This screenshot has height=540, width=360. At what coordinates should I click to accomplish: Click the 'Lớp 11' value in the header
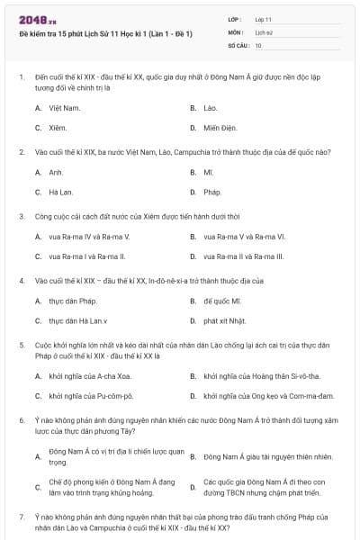(x=263, y=18)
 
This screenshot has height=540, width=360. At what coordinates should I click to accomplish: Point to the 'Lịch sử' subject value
(x=264, y=31)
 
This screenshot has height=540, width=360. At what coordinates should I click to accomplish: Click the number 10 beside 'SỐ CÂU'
(x=259, y=45)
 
